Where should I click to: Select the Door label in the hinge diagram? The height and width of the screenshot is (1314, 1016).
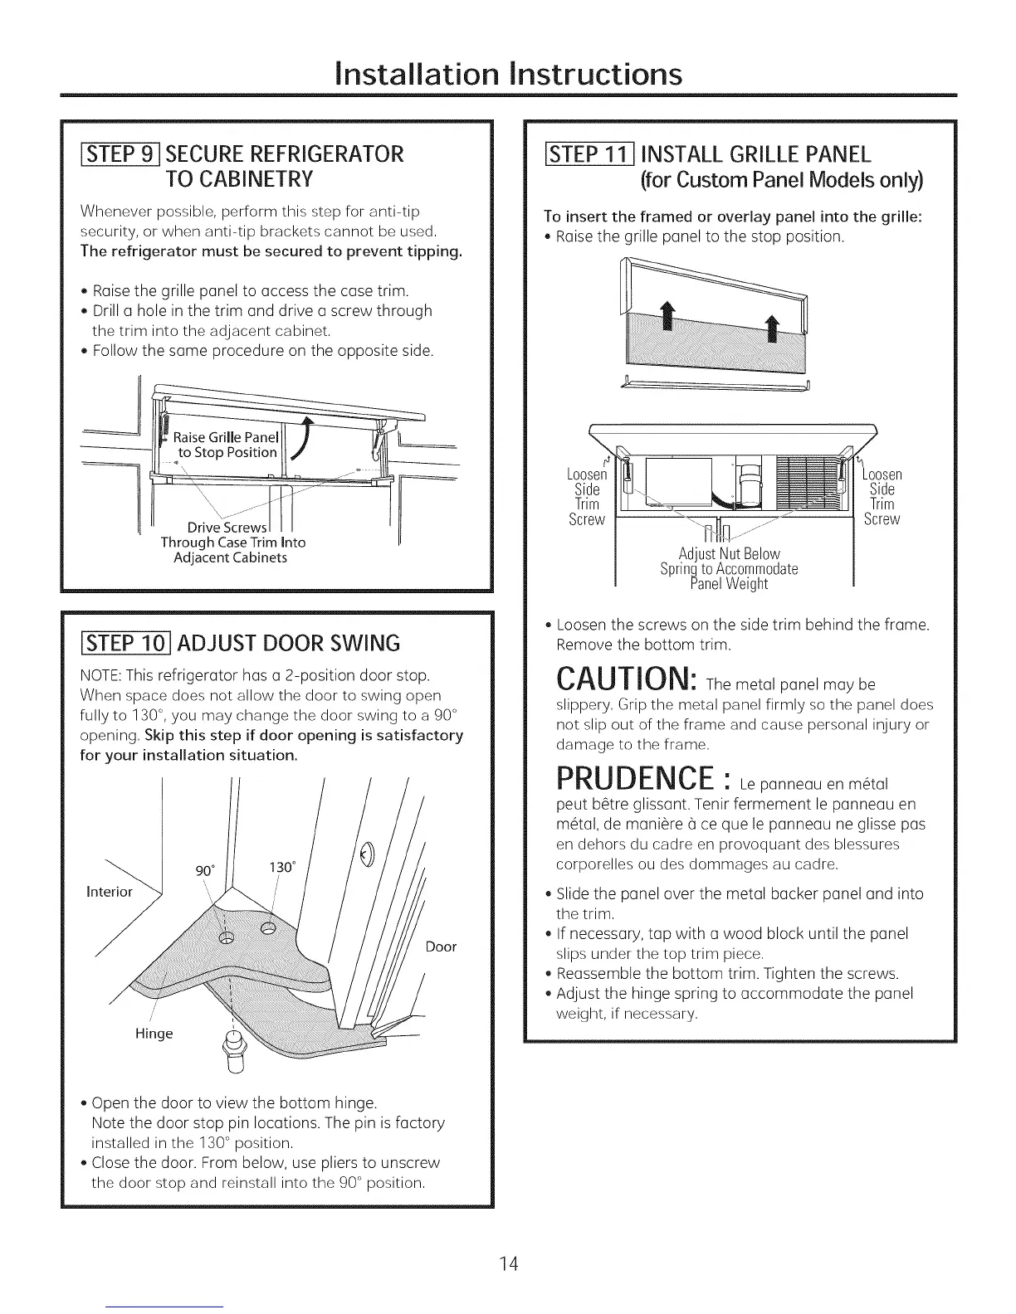pos(441,947)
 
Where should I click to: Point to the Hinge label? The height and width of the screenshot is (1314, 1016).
pos(154,1034)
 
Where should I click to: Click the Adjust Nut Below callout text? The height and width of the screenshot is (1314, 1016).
pos(729,553)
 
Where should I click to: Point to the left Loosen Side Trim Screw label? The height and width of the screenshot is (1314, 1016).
pos(587,496)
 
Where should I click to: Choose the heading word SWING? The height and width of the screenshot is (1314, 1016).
pos(359,643)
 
